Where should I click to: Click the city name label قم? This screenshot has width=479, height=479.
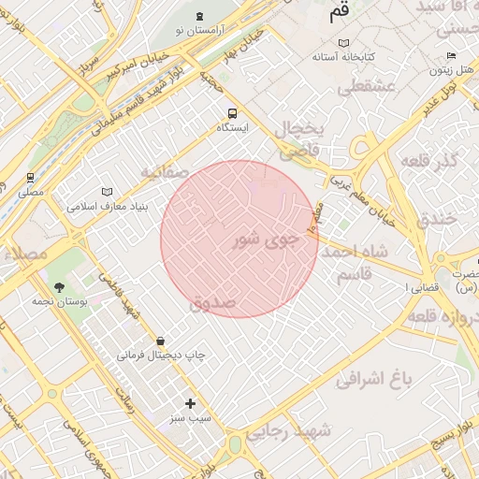pos(340,14)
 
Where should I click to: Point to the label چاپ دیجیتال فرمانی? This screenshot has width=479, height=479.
pos(161,356)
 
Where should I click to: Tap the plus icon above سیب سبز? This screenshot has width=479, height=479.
pos(191,403)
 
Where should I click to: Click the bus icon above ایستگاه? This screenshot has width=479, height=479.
pos(232,113)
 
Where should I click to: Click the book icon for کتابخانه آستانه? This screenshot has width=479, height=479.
pos(343,43)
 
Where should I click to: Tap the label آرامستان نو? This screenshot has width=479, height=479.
pos(199,32)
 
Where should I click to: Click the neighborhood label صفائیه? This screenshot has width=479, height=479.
pos(165,173)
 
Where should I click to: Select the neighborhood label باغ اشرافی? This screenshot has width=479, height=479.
pos(375,379)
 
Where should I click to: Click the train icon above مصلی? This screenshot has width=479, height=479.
pos(31,177)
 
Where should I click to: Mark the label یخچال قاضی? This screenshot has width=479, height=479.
pos(299,138)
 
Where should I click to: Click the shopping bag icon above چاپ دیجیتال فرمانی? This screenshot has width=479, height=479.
pos(161,341)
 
